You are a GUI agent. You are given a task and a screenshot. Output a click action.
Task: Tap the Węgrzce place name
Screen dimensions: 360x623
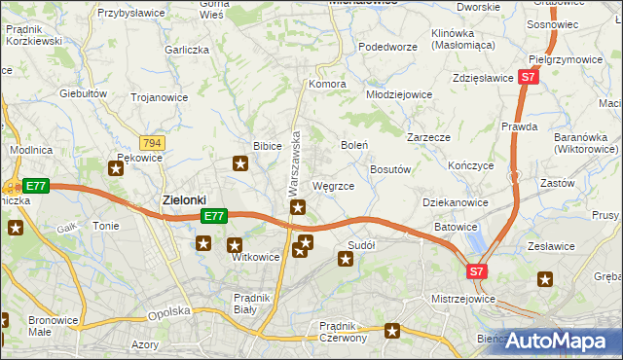(339, 185)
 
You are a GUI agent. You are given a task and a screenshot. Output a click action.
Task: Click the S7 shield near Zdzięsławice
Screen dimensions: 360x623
(528, 76)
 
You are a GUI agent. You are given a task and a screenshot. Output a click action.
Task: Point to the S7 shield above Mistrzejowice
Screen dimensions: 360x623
(476, 272)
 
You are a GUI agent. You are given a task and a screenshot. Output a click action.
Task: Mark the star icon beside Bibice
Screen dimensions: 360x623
(240, 164)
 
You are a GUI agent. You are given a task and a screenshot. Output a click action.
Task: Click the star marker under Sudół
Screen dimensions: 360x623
(345, 259)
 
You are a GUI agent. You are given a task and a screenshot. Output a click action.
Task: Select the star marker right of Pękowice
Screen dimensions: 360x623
(116, 169)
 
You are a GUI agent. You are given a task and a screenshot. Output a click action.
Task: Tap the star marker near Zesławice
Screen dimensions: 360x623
(544, 280)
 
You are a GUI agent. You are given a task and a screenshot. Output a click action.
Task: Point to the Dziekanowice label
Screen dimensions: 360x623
(455, 202)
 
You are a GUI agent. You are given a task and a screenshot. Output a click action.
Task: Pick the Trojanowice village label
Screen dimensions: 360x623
(160, 97)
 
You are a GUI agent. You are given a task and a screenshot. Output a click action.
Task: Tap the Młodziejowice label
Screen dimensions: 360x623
(399, 95)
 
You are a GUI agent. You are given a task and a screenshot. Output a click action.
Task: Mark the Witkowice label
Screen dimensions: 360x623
(255, 258)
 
